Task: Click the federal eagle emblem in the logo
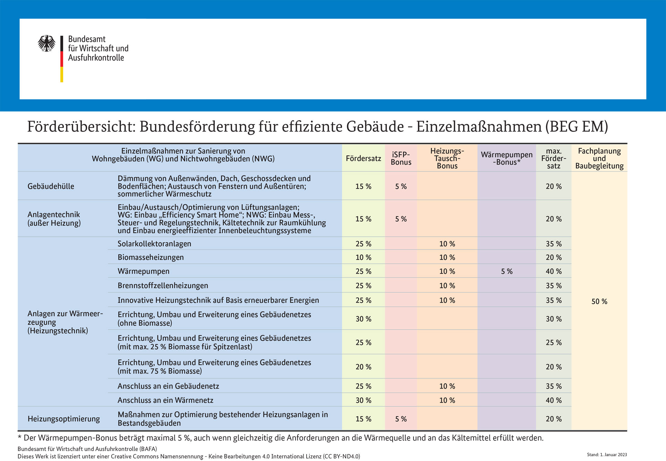(46, 43)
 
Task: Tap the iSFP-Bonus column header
(401, 158)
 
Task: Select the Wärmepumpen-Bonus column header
(507, 158)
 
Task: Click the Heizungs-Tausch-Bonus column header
(447, 158)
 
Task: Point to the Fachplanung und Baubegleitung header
(599, 158)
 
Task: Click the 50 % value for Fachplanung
(599, 302)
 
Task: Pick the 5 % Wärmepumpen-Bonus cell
(507, 271)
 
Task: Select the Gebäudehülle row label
(51, 186)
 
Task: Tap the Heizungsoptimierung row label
(63, 419)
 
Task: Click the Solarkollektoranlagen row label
(154, 244)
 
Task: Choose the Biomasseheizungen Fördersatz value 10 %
(363, 258)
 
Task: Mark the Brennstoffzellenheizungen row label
(163, 286)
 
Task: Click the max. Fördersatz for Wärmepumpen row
(554, 271)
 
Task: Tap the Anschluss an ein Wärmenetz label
(165, 400)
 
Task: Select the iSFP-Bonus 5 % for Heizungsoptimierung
(401, 419)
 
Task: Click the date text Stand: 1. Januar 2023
(607, 455)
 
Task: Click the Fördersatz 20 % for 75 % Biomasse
(363, 367)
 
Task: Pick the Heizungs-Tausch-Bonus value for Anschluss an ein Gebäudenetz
(447, 386)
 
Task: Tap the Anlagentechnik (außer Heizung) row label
(54, 219)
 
